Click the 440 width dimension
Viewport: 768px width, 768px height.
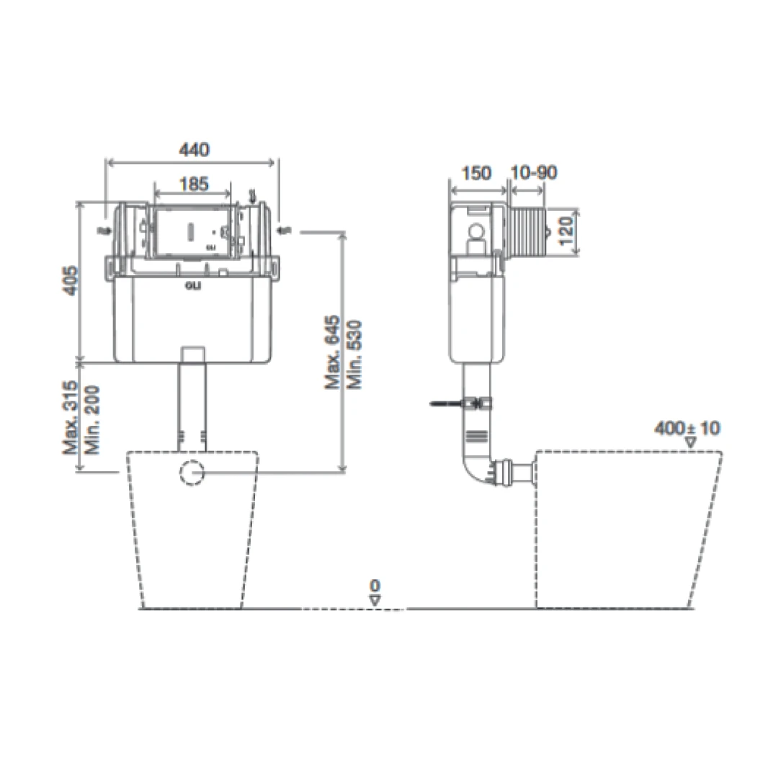194,150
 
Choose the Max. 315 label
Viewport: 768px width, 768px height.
70,419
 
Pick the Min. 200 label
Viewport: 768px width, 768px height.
91,419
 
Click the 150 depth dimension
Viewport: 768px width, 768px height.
476,173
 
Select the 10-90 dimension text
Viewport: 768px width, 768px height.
534,173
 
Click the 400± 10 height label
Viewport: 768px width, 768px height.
687,429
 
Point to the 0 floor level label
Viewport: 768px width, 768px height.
375,585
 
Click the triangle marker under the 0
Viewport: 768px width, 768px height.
375,599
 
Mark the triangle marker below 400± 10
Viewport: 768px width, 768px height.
690,442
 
